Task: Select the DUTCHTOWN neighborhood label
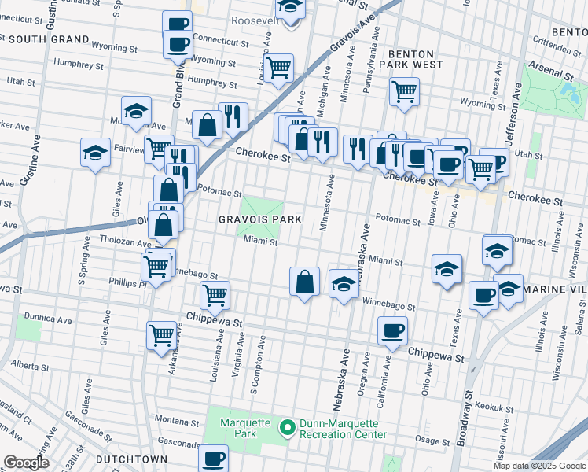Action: (130, 459)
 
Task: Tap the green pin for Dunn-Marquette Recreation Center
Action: (287, 428)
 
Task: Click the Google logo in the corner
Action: (26, 463)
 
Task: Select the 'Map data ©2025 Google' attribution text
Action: (538, 466)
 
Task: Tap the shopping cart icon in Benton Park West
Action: (404, 91)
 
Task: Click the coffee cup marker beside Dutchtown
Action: (213, 458)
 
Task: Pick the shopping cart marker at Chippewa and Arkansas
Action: (162, 335)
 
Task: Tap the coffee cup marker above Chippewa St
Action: (392, 330)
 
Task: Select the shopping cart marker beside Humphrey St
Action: (278, 68)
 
